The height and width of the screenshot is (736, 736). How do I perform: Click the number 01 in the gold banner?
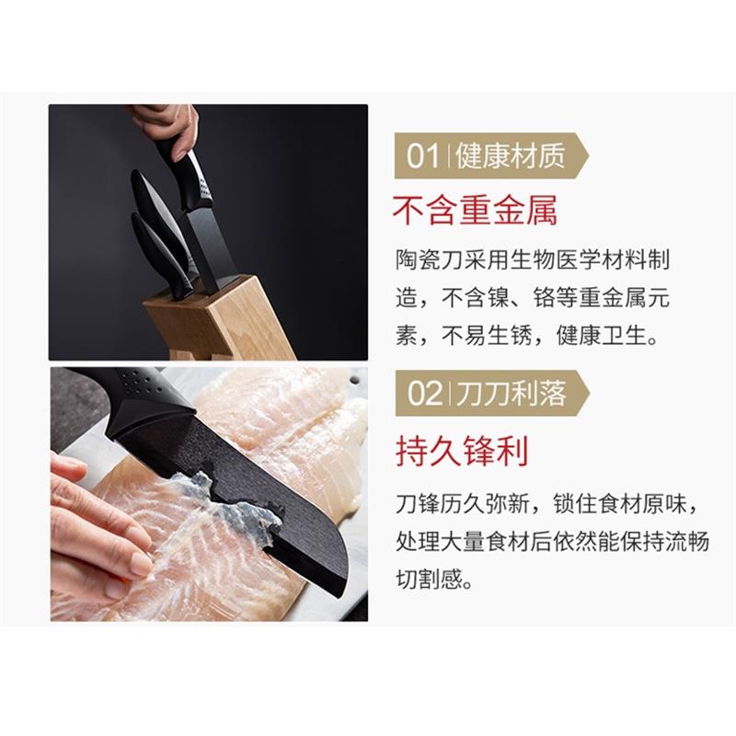coord(423,156)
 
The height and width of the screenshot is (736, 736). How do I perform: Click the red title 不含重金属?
coord(475,212)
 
